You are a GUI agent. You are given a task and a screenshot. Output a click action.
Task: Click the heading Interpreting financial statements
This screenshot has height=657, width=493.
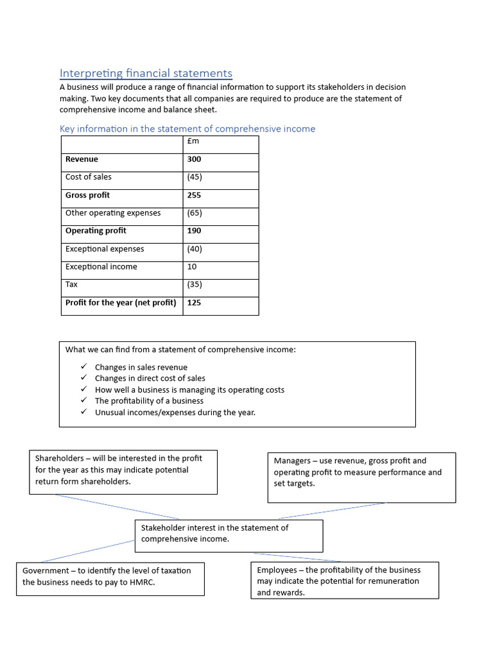tap(146, 74)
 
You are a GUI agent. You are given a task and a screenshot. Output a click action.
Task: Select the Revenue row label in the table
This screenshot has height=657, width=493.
tap(82, 159)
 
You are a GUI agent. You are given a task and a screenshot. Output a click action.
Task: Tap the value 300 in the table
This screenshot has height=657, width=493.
tap(194, 159)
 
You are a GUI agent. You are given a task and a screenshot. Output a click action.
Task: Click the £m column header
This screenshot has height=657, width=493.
tap(193, 141)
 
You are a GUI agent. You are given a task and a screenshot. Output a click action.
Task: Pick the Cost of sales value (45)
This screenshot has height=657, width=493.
tap(195, 177)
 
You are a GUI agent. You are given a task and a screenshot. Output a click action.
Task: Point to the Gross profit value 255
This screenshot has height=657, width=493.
tap(194, 195)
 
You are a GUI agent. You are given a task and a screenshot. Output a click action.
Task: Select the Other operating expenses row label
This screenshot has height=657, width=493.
tap(113, 213)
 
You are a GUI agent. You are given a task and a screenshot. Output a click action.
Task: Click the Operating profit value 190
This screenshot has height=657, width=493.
tap(194, 231)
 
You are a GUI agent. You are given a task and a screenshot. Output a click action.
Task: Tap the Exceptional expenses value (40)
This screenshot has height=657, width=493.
tap(195, 249)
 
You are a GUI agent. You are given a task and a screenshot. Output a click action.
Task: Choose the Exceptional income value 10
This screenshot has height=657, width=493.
tap(192, 267)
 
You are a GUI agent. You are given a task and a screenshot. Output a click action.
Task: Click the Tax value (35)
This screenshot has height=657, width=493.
tap(195, 284)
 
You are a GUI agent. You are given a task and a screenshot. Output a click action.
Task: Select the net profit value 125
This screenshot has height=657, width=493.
tap(194, 302)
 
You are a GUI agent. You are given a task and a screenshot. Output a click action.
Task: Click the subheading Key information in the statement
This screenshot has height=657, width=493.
tap(187, 129)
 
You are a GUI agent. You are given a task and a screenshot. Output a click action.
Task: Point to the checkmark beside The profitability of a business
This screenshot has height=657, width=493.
tap(83, 400)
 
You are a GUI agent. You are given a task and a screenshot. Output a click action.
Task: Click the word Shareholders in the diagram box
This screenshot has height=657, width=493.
tap(60, 458)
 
